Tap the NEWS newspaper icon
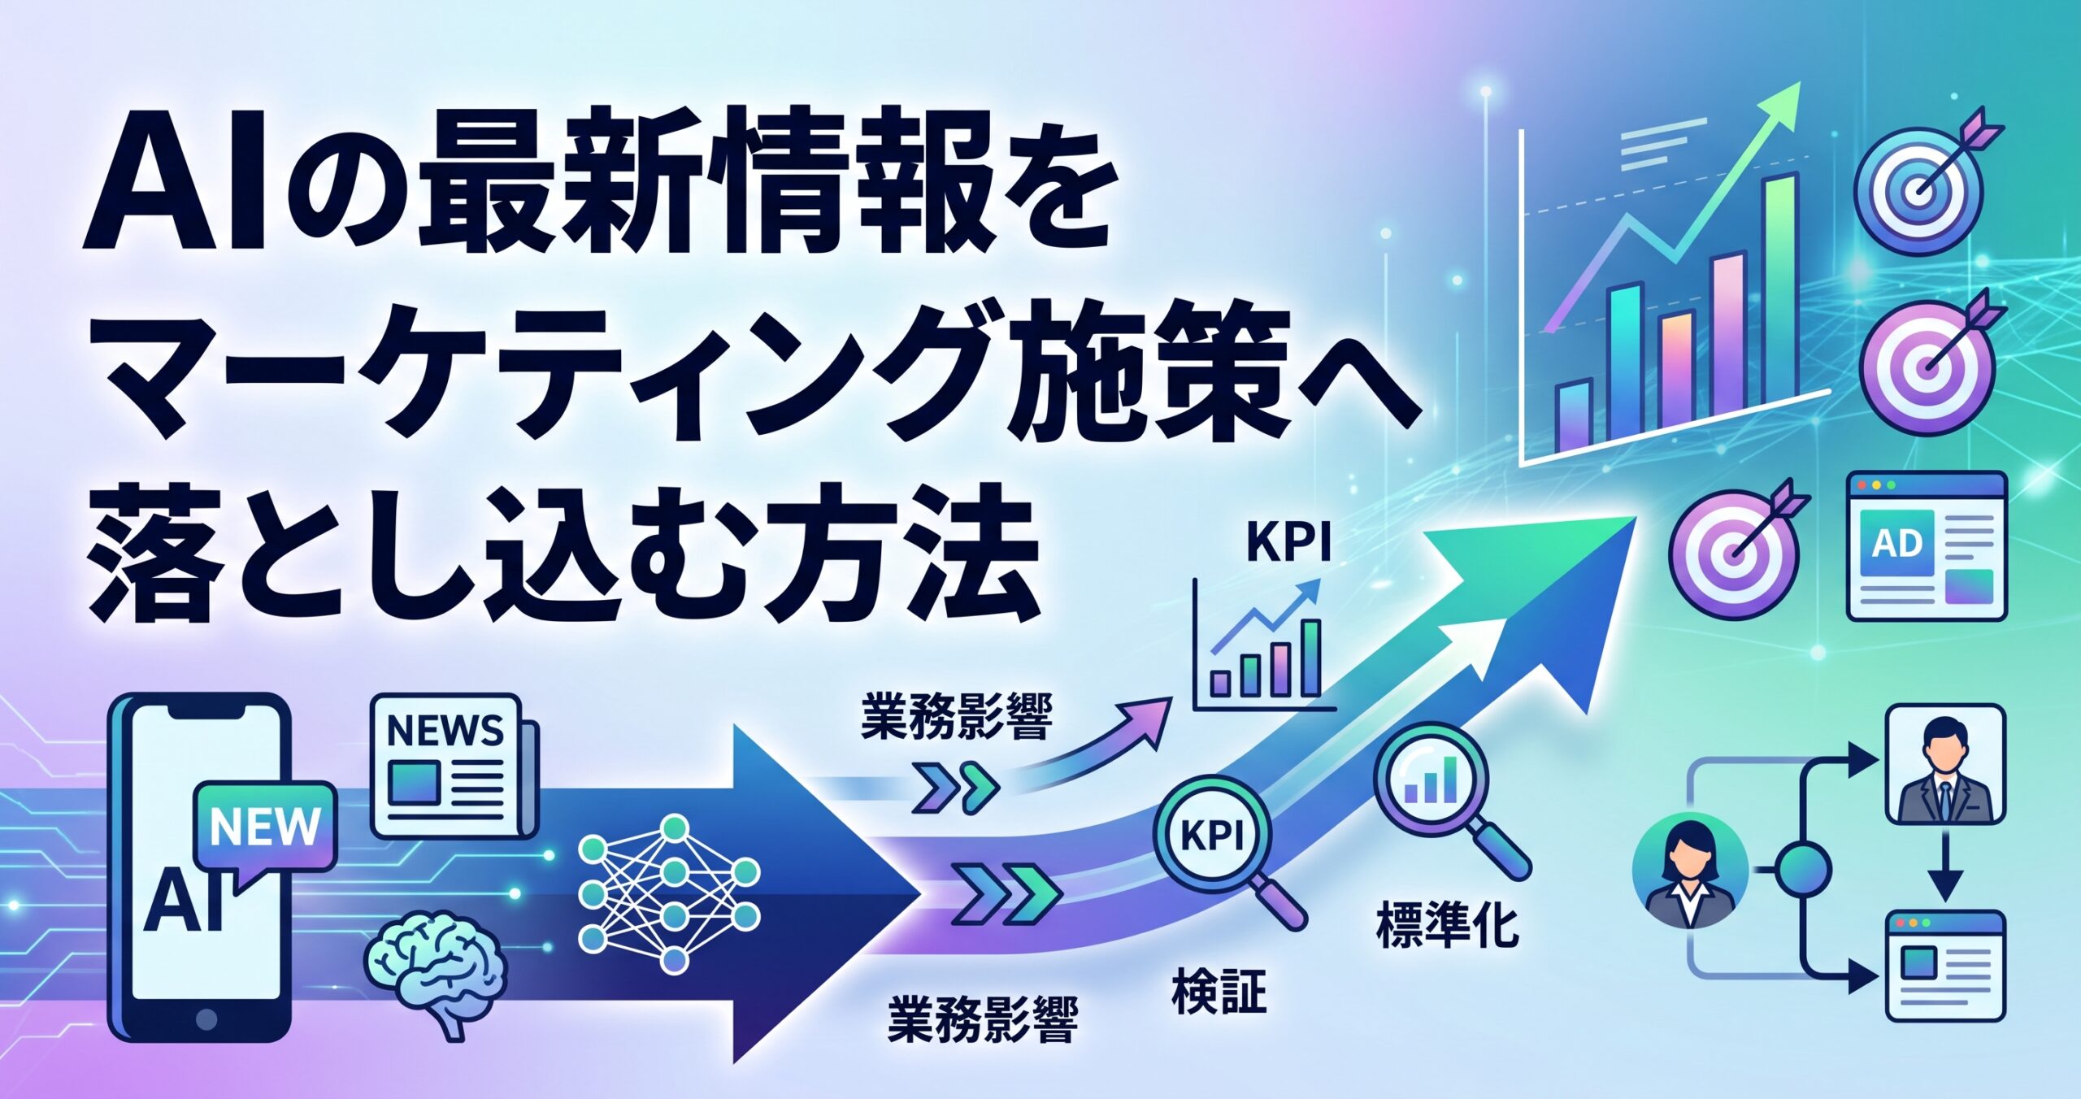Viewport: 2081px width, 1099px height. [x=455, y=766]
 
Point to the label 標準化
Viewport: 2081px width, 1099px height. [x=1447, y=927]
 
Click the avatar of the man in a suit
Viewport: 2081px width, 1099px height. [x=1944, y=765]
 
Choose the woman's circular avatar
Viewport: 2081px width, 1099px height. [x=1690, y=873]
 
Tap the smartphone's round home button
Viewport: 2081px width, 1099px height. [x=207, y=1017]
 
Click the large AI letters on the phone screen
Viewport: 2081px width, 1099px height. [x=185, y=901]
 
